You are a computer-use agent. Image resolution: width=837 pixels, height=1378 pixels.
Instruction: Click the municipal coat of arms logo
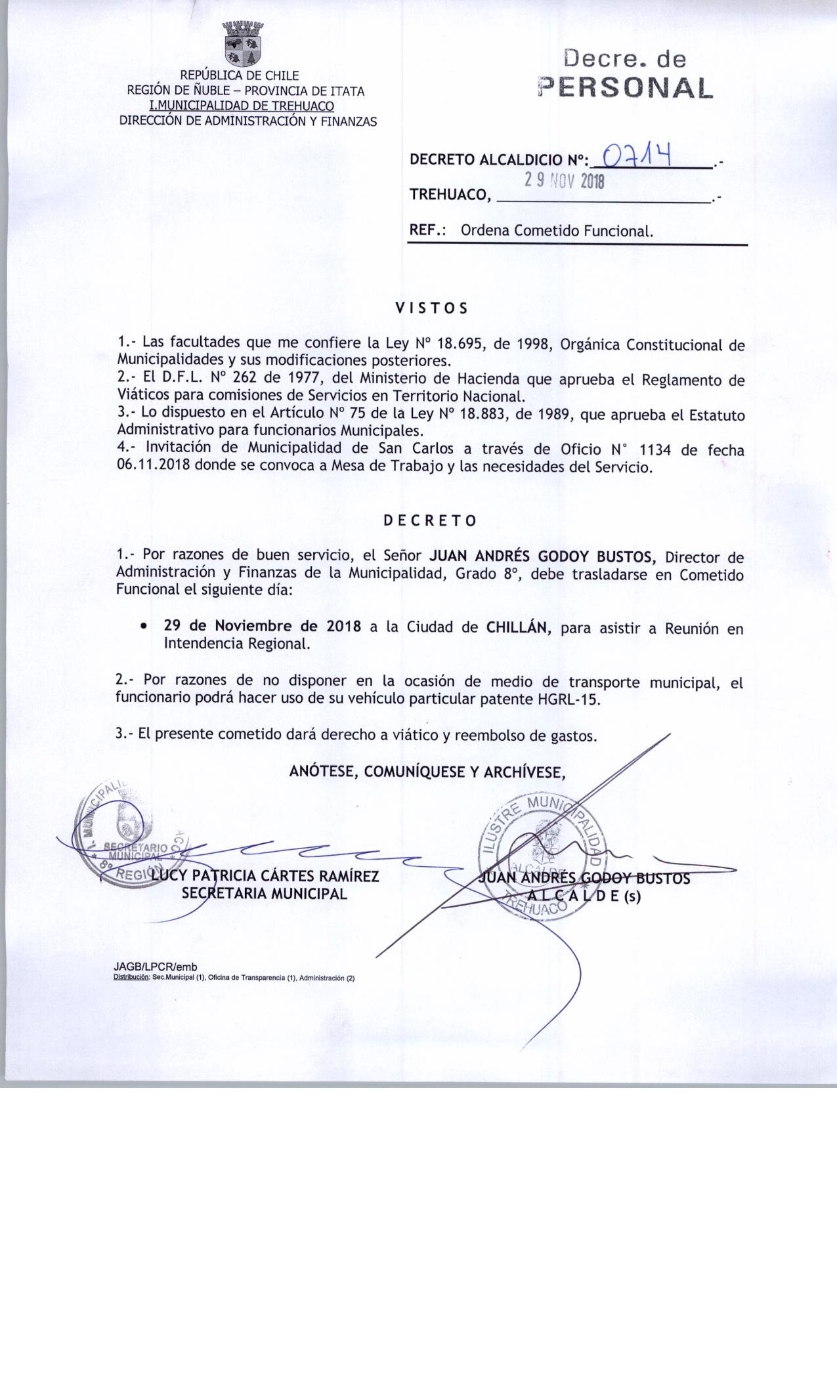[243, 44]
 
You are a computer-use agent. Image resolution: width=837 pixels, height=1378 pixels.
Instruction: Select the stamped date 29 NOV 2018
[563, 180]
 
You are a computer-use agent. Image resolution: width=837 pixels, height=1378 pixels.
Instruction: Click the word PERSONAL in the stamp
[624, 88]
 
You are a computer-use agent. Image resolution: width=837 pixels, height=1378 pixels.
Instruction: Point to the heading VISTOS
[431, 308]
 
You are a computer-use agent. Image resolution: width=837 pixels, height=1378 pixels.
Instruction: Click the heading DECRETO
[430, 521]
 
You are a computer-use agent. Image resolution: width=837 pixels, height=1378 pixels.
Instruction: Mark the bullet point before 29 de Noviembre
[143, 627]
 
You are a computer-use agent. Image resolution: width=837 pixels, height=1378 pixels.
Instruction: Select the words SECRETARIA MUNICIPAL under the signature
[265, 893]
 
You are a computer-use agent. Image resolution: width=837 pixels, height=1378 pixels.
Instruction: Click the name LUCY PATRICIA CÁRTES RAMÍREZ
[265, 876]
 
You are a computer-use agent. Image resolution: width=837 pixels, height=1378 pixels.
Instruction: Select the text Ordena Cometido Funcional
[557, 231]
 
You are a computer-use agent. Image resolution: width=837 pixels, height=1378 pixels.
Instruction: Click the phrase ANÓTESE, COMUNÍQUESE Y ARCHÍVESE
[427, 772]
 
